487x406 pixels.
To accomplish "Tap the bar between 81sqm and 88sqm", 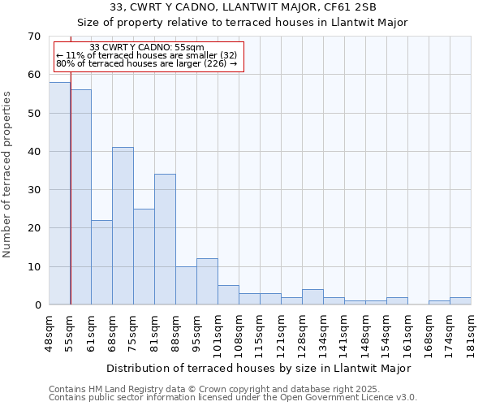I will (165, 240).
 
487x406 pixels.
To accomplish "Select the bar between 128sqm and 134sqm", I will (312, 297).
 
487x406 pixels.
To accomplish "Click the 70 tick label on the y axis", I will (33, 37).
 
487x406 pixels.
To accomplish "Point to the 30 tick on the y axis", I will (33, 190).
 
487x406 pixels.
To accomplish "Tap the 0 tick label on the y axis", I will (37, 305).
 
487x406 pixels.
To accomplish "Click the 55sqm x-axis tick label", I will (71, 331).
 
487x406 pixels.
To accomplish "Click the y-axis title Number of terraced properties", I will (7, 174).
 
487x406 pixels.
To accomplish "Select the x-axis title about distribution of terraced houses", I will (258, 368).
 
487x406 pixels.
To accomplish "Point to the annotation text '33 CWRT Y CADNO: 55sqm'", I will (147, 48).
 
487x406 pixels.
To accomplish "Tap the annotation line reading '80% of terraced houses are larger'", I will (147, 63).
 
